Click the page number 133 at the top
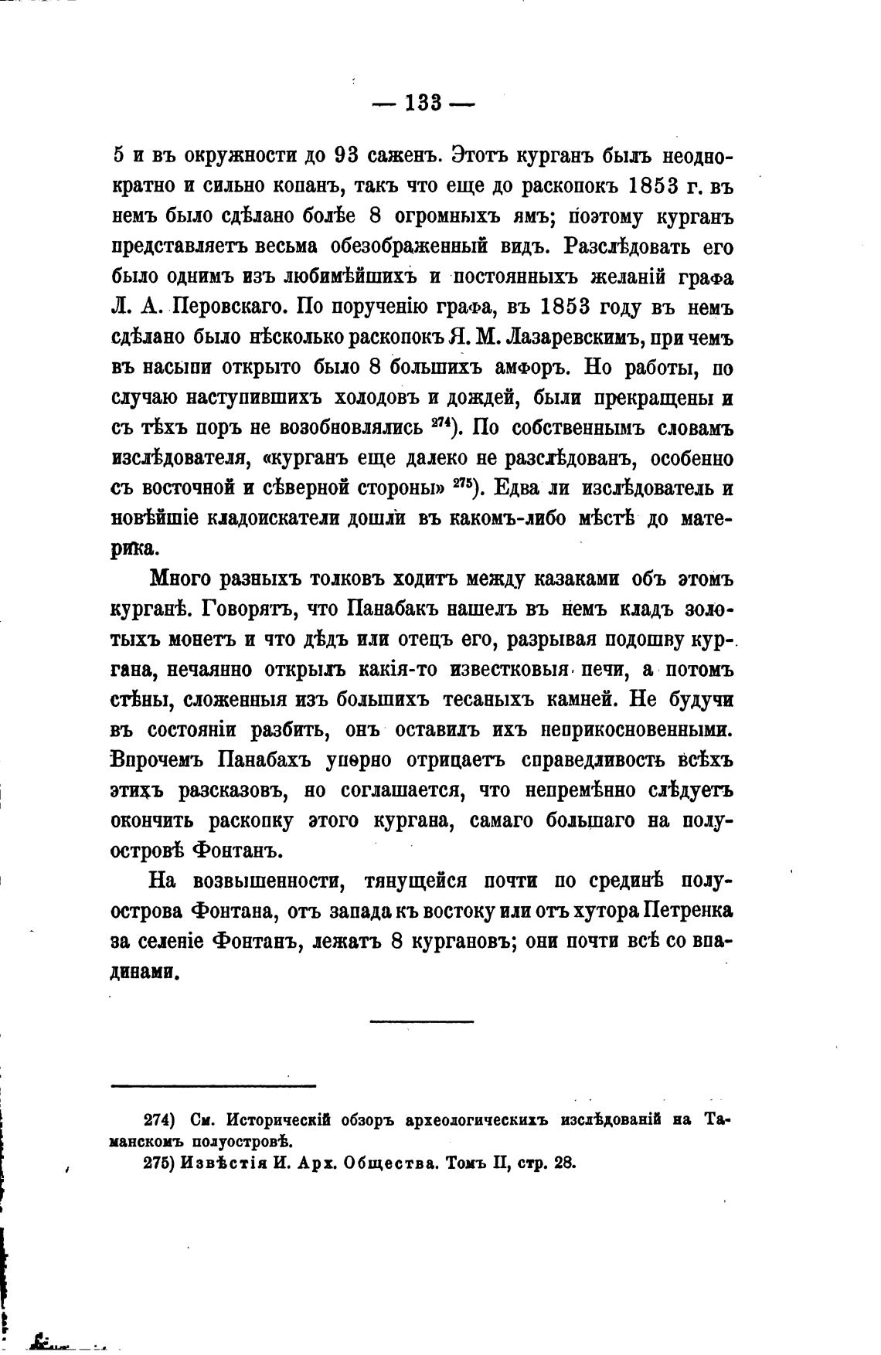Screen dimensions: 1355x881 [x=422, y=102]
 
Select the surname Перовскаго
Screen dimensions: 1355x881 [x=231, y=307]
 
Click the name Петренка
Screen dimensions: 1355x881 [x=686, y=912]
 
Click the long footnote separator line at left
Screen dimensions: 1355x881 [x=214, y=1086]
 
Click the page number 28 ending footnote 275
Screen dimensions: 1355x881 [x=564, y=1163]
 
